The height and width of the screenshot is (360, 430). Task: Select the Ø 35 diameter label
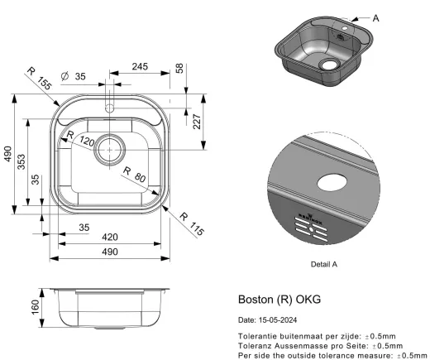(74, 77)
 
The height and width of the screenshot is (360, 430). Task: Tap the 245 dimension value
(139, 67)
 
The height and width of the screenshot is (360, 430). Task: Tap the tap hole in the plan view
(109, 106)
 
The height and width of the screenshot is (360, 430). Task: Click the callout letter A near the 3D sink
(376, 17)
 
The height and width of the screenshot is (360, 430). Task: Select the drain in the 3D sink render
(329, 63)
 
